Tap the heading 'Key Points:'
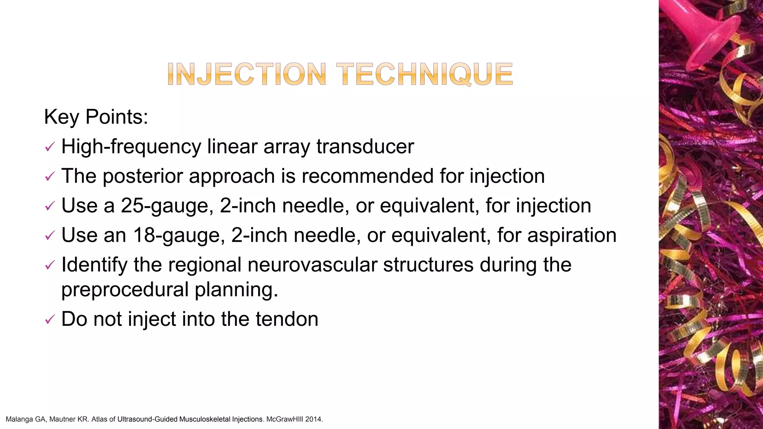click(96, 117)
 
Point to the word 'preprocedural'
click(125, 290)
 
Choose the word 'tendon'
click(286, 319)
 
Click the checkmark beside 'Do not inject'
click(50, 320)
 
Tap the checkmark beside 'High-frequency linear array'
click(50, 147)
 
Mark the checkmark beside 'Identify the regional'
click(50, 266)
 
